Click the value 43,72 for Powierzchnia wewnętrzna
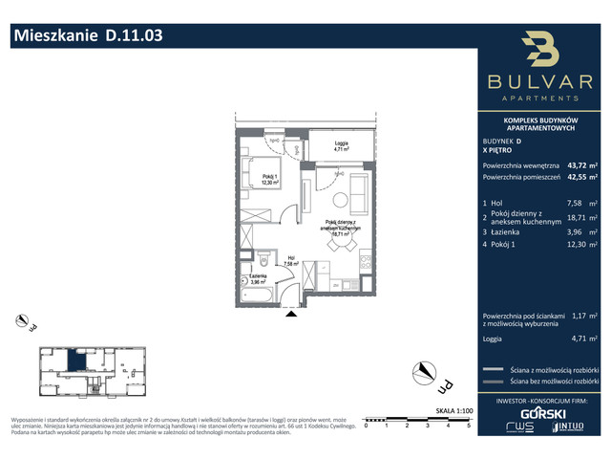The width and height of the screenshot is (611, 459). point(577,164)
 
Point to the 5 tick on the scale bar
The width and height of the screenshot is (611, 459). point(467,425)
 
